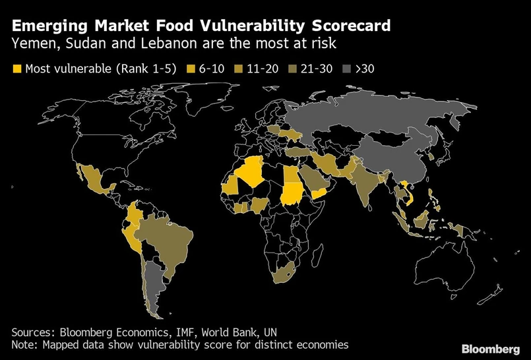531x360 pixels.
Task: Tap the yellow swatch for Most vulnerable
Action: pos(17,68)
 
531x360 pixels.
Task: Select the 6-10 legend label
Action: pos(210,68)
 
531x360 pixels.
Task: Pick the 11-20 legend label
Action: pos(262,68)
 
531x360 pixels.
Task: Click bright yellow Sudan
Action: pos(290,193)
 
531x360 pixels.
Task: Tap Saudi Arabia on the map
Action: pos(313,178)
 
